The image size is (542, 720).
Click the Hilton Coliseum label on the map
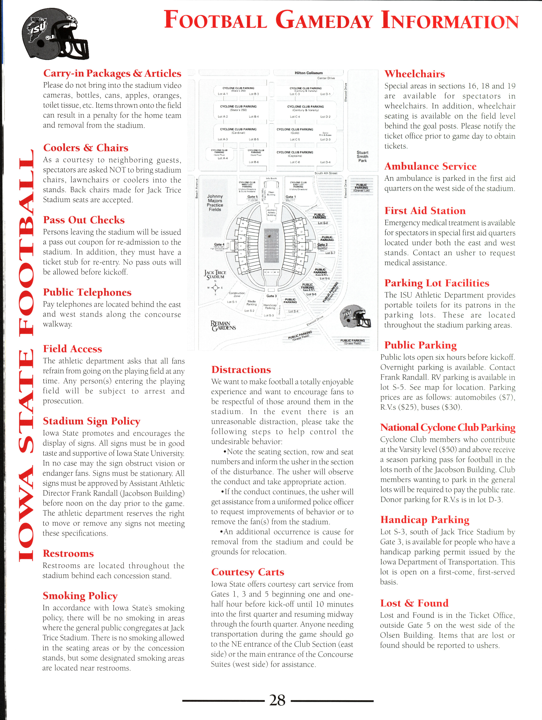tap(308, 73)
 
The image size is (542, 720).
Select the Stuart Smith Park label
tap(362, 156)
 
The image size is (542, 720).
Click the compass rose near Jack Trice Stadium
tap(215, 287)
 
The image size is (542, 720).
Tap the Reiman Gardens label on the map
tap(223, 325)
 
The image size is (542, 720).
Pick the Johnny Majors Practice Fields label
tap(215, 203)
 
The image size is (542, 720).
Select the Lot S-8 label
tap(323, 223)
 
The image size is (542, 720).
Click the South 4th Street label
tap(326, 173)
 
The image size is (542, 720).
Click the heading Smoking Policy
tap(80, 596)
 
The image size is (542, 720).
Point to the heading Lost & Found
tap(414, 603)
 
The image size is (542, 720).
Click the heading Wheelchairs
tap(415, 74)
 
